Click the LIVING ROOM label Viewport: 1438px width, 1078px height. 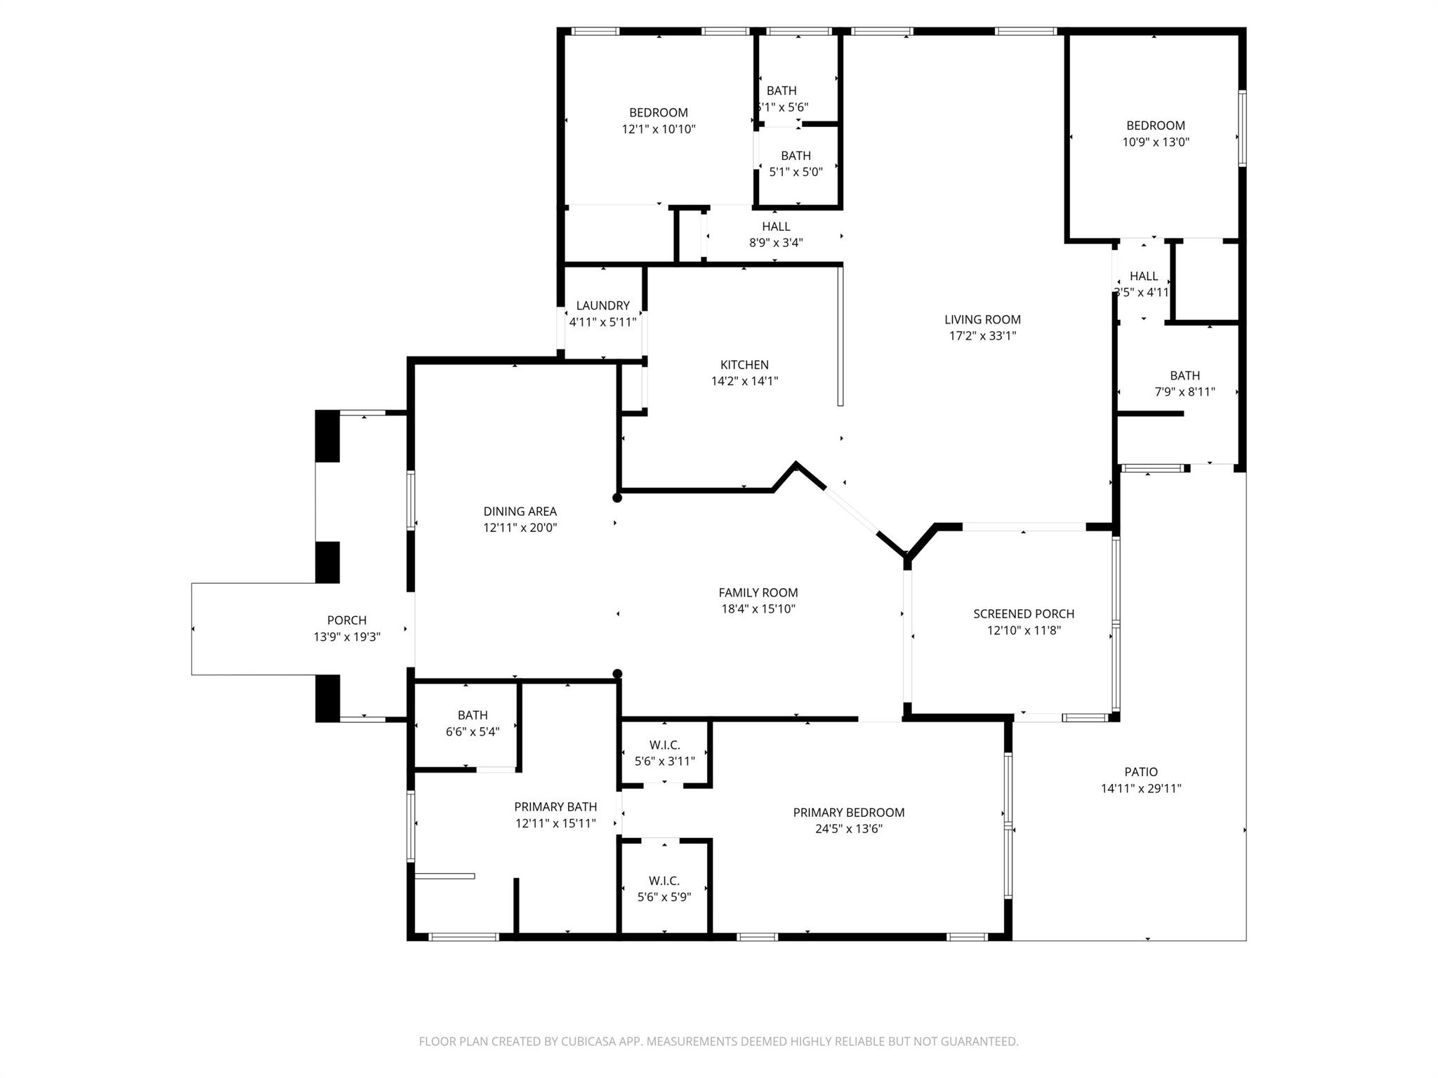pyautogui.click(x=982, y=319)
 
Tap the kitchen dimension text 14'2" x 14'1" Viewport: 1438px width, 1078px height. pyautogui.click(x=744, y=381)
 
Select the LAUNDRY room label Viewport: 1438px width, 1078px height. pyautogui.click(x=602, y=305)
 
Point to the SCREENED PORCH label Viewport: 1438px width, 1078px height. pyautogui.click(x=1023, y=613)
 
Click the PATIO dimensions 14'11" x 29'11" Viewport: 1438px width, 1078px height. pyautogui.click(x=1141, y=788)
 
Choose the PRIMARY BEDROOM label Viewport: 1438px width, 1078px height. pyautogui.click(x=848, y=812)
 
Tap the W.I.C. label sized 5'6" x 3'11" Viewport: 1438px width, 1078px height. pyautogui.click(x=664, y=745)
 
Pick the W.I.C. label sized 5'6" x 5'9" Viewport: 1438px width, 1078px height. pyautogui.click(x=664, y=881)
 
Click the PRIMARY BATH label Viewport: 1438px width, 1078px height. pyautogui.click(x=555, y=806)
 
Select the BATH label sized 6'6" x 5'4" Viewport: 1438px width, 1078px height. pyautogui.click(x=473, y=715)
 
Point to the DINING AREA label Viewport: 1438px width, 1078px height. pyautogui.click(x=520, y=511)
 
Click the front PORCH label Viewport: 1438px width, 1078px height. pyautogui.click(x=347, y=620)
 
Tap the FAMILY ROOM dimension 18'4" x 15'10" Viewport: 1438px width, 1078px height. pyautogui.click(x=758, y=608)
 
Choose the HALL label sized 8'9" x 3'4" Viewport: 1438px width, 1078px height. pyautogui.click(x=776, y=226)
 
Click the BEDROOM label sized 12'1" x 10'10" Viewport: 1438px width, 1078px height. pyautogui.click(x=658, y=112)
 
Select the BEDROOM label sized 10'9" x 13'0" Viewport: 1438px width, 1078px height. pyautogui.click(x=1155, y=126)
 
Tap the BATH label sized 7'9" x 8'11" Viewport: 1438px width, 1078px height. pyautogui.click(x=1185, y=375)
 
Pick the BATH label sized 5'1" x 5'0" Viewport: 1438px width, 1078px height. pyautogui.click(x=796, y=156)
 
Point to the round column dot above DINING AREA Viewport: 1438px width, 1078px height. pyautogui.click(x=617, y=498)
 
